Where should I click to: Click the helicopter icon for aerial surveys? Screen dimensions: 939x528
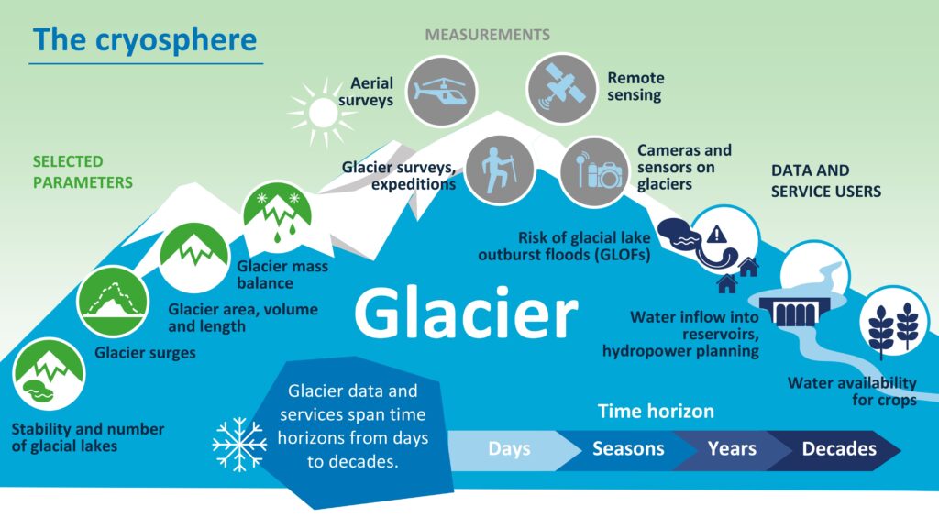tap(441, 92)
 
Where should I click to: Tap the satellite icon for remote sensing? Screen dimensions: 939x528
tap(562, 89)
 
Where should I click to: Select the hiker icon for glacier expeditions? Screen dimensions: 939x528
tap(500, 170)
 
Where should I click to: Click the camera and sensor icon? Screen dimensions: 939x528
tap(594, 171)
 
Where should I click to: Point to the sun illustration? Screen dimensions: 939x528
tap(322, 112)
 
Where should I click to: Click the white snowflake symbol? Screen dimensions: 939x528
tap(239, 445)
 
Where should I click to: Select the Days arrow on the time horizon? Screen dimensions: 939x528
tap(509, 449)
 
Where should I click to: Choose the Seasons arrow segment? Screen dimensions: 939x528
tap(628, 449)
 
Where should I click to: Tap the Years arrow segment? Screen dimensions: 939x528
tap(732, 449)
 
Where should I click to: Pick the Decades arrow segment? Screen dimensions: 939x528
tap(838, 449)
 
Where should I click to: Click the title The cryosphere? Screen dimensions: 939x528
tap(145, 40)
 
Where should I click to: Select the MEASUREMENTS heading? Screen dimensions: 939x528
tap(488, 35)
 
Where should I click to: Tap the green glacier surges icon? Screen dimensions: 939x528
tap(113, 301)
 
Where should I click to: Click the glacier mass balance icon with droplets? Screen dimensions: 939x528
tap(277, 214)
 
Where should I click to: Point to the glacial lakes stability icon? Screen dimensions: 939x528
tap(49, 375)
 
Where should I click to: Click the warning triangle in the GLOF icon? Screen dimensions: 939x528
tap(716, 234)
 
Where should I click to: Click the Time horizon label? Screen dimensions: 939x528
tap(656, 412)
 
